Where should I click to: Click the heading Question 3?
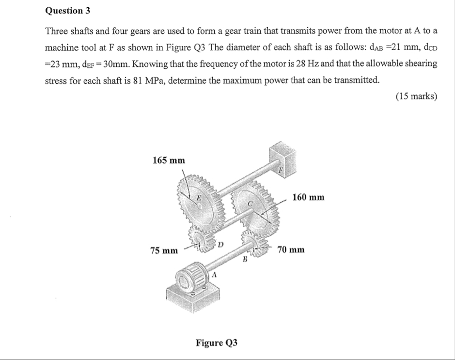(x=68, y=11)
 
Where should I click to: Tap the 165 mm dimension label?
(x=169, y=160)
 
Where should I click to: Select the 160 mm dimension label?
(x=308, y=197)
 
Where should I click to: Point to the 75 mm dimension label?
(x=164, y=250)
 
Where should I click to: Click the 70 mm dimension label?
(x=291, y=250)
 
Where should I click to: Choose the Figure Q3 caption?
(x=217, y=343)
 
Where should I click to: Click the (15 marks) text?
(x=416, y=96)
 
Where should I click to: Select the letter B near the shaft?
(x=245, y=259)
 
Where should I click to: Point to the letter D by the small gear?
(x=220, y=245)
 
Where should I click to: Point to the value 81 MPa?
(x=148, y=80)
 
